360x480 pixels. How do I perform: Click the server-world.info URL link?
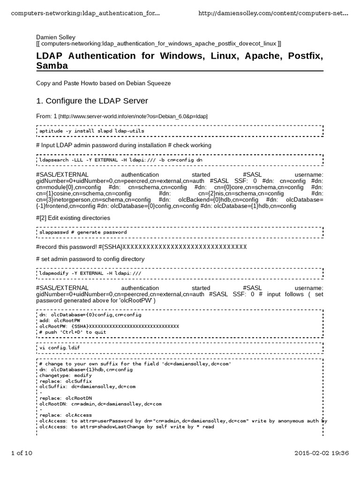tap(133, 116)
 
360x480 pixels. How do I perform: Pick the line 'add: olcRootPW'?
tap(57, 321)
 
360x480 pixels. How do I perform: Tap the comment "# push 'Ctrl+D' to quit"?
tap(73, 332)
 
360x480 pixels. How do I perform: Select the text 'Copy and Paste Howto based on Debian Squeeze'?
tap(104, 83)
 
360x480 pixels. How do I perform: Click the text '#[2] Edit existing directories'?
tap(73, 217)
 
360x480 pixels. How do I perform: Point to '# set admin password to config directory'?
tap(90, 259)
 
